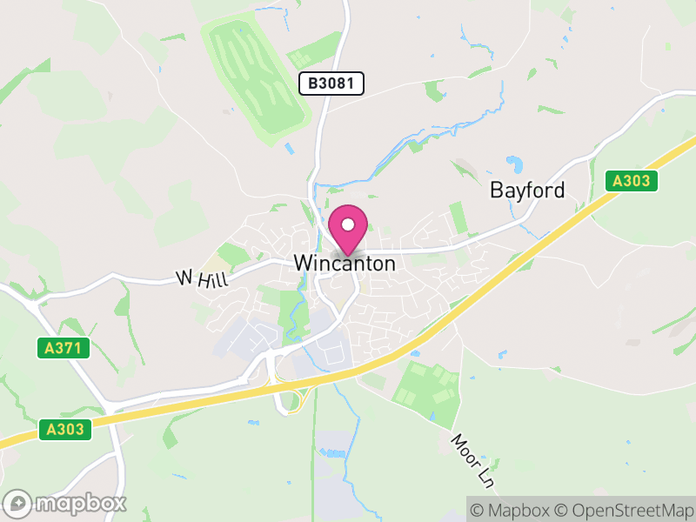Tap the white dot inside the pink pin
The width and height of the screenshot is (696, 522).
pos(348,224)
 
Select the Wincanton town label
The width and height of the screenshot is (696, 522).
pos(345,263)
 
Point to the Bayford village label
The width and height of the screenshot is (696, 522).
pos(527,190)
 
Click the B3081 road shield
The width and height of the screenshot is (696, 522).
pos(331,84)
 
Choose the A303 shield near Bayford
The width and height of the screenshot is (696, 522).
pos(632,181)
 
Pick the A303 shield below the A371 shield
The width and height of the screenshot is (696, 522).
pos(64,429)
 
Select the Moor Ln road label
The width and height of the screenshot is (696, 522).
pos(471,459)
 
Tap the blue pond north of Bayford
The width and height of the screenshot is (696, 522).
pos(515,163)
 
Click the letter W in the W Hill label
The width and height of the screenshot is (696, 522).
pos(183,278)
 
